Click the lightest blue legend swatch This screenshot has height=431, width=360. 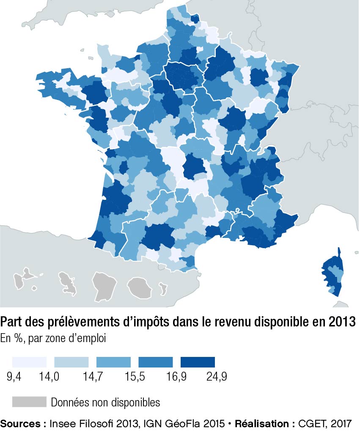[x=29, y=362]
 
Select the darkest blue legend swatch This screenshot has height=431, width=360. [x=198, y=362]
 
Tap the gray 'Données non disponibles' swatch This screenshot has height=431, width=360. [x=29, y=402]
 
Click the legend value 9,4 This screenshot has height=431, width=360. [x=15, y=377]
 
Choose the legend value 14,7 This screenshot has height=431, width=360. [x=92, y=377]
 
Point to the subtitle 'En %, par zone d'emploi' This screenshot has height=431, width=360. [x=53, y=339]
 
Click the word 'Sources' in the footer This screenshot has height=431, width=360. [x=20, y=423]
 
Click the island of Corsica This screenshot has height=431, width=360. [x=332, y=273]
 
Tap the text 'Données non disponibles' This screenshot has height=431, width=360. [x=105, y=402]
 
